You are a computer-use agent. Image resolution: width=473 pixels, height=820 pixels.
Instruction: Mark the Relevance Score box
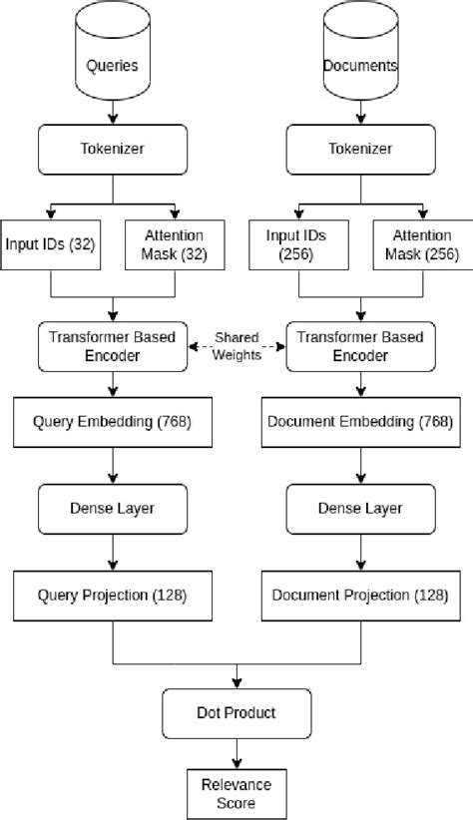236,790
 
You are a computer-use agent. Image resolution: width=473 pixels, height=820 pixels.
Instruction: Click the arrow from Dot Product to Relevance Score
236,751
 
